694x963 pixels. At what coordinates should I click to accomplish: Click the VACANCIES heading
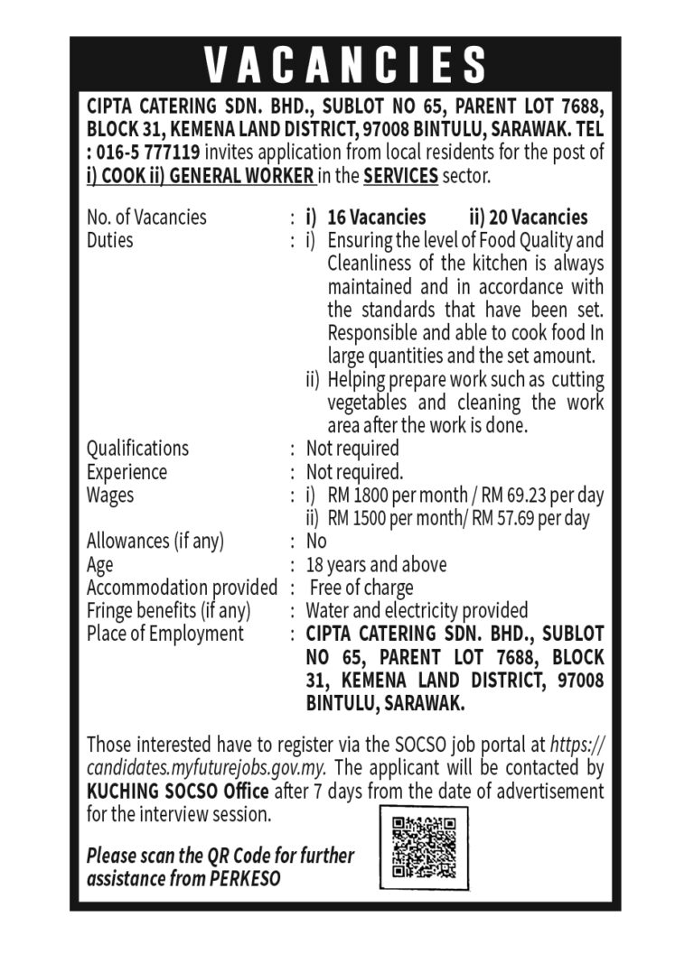(346, 65)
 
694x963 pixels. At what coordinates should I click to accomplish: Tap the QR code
(424, 847)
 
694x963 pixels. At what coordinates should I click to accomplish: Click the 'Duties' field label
(109, 241)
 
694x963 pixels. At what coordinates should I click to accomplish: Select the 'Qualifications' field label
(137, 449)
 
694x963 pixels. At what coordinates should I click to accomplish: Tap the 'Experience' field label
(127, 472)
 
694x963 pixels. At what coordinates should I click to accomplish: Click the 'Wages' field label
(109, 495)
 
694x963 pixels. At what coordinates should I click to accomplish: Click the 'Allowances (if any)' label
(155, 542)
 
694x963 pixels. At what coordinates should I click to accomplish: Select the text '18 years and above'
(376, 565)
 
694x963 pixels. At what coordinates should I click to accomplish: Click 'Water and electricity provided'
(417, 611)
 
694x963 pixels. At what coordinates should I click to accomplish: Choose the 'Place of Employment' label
(164, 634)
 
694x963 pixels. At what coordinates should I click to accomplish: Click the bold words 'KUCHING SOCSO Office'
(177, 792)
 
